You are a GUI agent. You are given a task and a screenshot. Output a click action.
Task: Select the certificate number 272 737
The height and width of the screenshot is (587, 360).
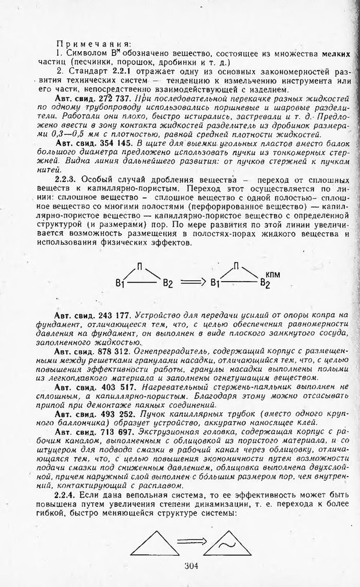tap(109, 99)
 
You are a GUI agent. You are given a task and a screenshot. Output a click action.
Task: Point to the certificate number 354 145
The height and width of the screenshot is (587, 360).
tap(109, 143)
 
